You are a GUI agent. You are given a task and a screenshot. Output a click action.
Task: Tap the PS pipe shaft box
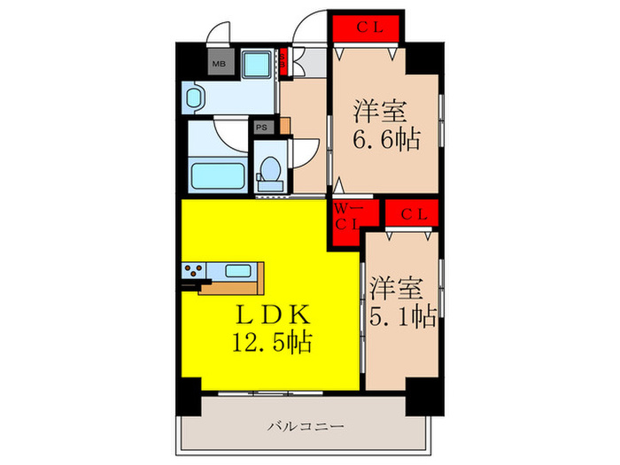tap(261, 128)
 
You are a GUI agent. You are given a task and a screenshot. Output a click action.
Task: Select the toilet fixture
tap(268, 171)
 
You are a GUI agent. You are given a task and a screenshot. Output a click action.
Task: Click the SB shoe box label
tap(283, 61)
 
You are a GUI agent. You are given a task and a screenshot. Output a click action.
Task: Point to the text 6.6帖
tap(387, 139)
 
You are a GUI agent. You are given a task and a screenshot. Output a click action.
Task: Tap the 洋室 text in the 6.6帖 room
tap(381, 112)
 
